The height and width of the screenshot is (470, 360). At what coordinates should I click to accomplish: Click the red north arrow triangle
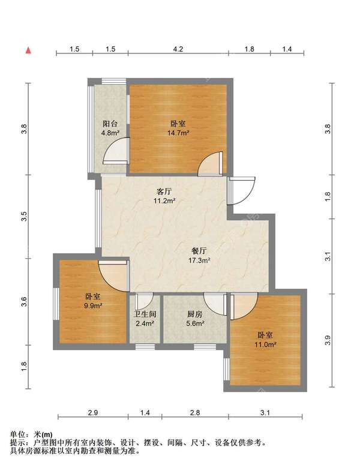click(x=28, y=50)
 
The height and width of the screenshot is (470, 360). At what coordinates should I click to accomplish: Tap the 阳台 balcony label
click(x=110, y=124)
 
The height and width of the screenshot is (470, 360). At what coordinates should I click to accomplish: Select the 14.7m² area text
click(x=178, y=133)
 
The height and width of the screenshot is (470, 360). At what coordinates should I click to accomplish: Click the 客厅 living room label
click(x=164, y=191)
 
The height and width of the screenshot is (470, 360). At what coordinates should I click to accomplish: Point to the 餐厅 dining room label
click(x=199, y=250)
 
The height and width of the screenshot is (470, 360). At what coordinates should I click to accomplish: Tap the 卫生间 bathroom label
click(x=145, y=315)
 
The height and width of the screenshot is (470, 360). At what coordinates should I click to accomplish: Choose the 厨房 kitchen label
click(x=195, y=314)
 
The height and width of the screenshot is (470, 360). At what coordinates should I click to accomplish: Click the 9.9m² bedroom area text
click(x=93, y=306)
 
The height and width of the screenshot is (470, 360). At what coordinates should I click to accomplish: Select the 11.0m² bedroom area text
click(x=265, y=345)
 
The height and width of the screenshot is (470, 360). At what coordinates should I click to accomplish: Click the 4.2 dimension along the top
click(x=178, y=49)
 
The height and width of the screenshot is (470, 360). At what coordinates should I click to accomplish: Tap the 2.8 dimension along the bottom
click(x=194, y=413)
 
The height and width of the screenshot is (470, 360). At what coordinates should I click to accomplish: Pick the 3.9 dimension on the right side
click(x=328, y=340)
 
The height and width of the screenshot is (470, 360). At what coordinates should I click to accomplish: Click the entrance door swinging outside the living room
click(x=241, y=191)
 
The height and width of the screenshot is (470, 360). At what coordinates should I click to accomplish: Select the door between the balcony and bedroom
click(x=116, y=151)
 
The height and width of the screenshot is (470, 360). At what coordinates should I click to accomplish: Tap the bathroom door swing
click(x=144, y=301)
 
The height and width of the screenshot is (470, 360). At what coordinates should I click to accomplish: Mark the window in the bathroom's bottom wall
click(x=145, y=347)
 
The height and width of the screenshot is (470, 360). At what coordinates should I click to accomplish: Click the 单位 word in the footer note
click(x=17, y=435)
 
